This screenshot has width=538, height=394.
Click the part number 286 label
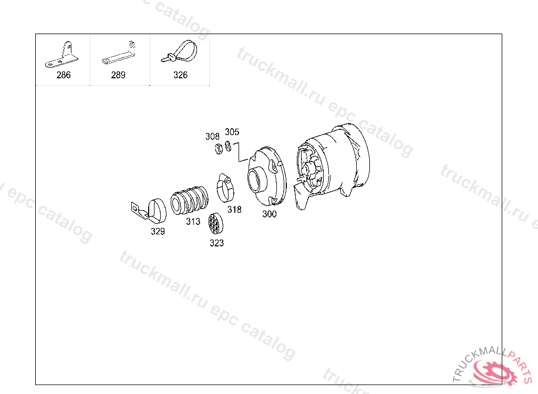click(64, 75)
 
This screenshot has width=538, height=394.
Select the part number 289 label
click(118, 75)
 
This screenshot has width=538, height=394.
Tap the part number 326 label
click(180, 75)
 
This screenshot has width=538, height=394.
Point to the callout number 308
click(212, 136)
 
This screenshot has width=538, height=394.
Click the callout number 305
click(232, 132)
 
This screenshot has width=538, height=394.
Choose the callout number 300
click(270, 214)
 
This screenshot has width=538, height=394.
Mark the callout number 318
click(234, 210)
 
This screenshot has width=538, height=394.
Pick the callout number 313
click(193, 222)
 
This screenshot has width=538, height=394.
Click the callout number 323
click(216, 243)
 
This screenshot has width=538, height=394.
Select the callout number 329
click(158, 232)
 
